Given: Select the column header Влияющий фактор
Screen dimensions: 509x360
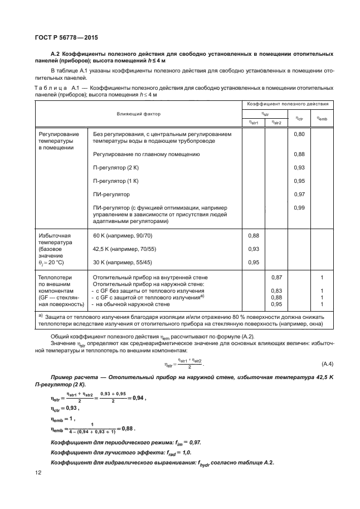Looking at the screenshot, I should (x=138, y=114).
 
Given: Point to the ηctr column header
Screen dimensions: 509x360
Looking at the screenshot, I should (x=299, y=118).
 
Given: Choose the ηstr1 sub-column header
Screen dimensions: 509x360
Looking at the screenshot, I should (x=252, y=123).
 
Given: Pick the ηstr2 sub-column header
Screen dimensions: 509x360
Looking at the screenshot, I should (x=275, y=123).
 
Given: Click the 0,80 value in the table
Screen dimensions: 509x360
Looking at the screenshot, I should (x=299, y=135).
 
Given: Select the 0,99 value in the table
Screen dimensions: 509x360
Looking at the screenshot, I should (x=299, y=207).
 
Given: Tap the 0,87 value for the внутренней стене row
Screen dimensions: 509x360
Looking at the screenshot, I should (x=275, y=277).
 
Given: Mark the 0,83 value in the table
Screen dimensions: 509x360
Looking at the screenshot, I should (x=275, y=291).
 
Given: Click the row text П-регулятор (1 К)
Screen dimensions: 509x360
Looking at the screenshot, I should (x=116, y=181).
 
